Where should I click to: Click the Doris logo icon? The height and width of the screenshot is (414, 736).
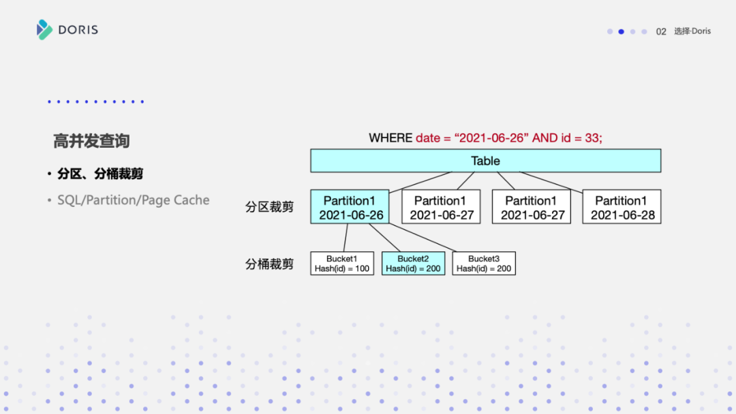(x=44, y=29)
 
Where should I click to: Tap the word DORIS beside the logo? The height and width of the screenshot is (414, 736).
(x=78, y=30)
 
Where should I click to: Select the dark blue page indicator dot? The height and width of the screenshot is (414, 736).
(x=622, y=31)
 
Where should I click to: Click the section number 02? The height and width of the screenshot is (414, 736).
(x=661, y=31)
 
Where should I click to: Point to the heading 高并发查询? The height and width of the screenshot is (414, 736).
(x=91, y=141)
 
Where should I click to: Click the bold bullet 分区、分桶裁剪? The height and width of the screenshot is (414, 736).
(x=100, y=174)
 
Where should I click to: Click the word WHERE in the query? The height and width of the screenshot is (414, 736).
(x=390, y=138)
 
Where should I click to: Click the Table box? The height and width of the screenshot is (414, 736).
(x=485, y=161)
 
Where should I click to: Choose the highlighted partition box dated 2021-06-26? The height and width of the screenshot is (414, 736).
(x=350, y=207)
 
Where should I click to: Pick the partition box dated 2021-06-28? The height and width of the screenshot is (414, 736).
(x=622, y=207)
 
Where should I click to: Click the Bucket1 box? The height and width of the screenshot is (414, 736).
(x=342, y=264)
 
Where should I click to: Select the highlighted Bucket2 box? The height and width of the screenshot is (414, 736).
(x=413, y=264)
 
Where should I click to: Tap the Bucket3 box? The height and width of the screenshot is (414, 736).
(x=484, y=264)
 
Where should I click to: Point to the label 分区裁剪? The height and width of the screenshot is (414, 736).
(x=269, y=206)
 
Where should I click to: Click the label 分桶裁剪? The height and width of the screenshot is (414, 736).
(x=269, y=264)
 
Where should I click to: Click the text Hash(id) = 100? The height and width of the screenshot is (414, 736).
(x=342, y=269)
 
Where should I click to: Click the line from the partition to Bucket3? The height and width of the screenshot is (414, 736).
(x=422, y=238)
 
